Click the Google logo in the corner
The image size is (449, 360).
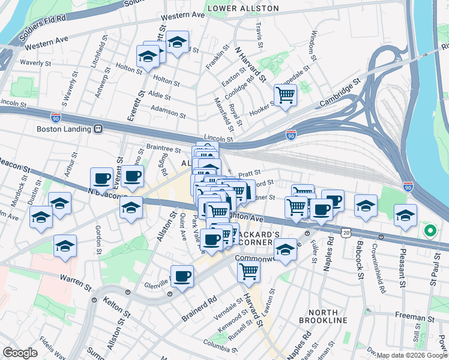[20, 353]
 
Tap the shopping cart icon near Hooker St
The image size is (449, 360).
[285, 95]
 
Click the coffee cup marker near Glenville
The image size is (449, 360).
[182, 277]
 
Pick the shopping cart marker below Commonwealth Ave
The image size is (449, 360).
[249, 271]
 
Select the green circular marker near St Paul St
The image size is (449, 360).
[430, 230]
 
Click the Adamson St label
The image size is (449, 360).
[167, 111]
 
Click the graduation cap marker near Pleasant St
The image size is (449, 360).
[406, 215]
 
